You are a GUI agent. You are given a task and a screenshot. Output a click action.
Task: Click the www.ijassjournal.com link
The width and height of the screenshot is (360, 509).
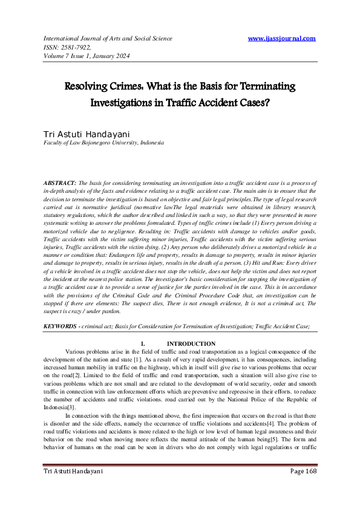(282, 39)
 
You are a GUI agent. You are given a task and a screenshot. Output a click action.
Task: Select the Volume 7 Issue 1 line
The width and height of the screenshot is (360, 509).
(87, 57)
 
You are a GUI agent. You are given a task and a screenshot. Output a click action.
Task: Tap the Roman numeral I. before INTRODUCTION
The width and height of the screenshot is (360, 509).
(142, 344)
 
